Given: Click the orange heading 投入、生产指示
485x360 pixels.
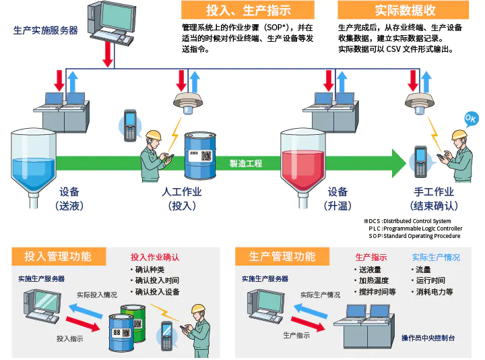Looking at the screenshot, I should pos(247,10).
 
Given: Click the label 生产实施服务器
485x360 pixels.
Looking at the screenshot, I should pos(45,30).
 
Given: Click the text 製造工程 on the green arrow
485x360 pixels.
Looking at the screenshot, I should pos(246,163).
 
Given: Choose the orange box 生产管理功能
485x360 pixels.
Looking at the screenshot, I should pos(282,256).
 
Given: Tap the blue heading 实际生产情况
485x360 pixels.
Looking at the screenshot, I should pos(436,258).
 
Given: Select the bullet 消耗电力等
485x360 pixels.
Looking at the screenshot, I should pos(434,292).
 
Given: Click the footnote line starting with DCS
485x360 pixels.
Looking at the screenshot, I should pos(410,221).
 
